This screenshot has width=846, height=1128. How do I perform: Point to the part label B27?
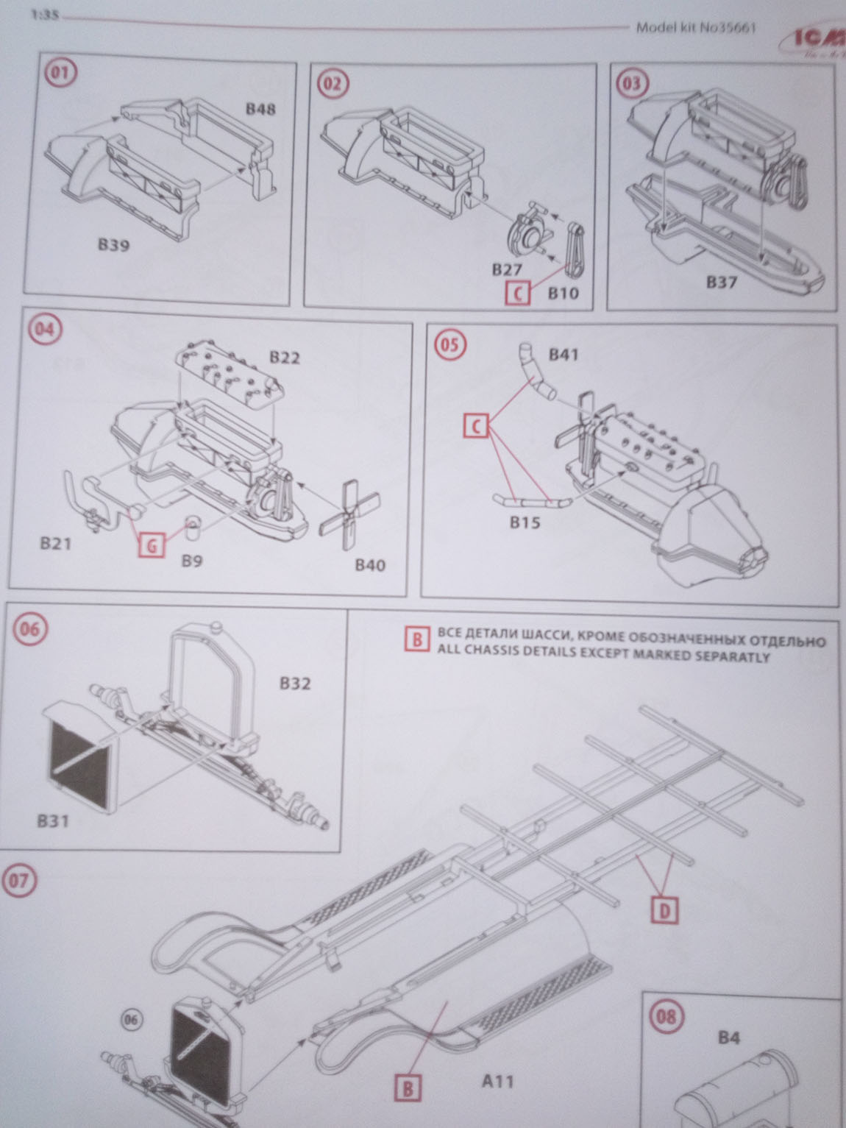coord(507,271)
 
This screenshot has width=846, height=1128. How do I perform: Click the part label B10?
coord(564,293)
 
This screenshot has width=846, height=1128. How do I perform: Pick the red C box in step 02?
coord(519,294)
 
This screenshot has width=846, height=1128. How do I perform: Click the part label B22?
coord(285,358)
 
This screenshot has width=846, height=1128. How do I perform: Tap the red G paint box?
coord(152,546)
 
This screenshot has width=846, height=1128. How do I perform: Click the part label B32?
coord(295,684)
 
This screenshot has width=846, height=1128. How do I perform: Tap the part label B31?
coord(52,820)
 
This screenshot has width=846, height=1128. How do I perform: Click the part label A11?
coord(497,1081)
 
